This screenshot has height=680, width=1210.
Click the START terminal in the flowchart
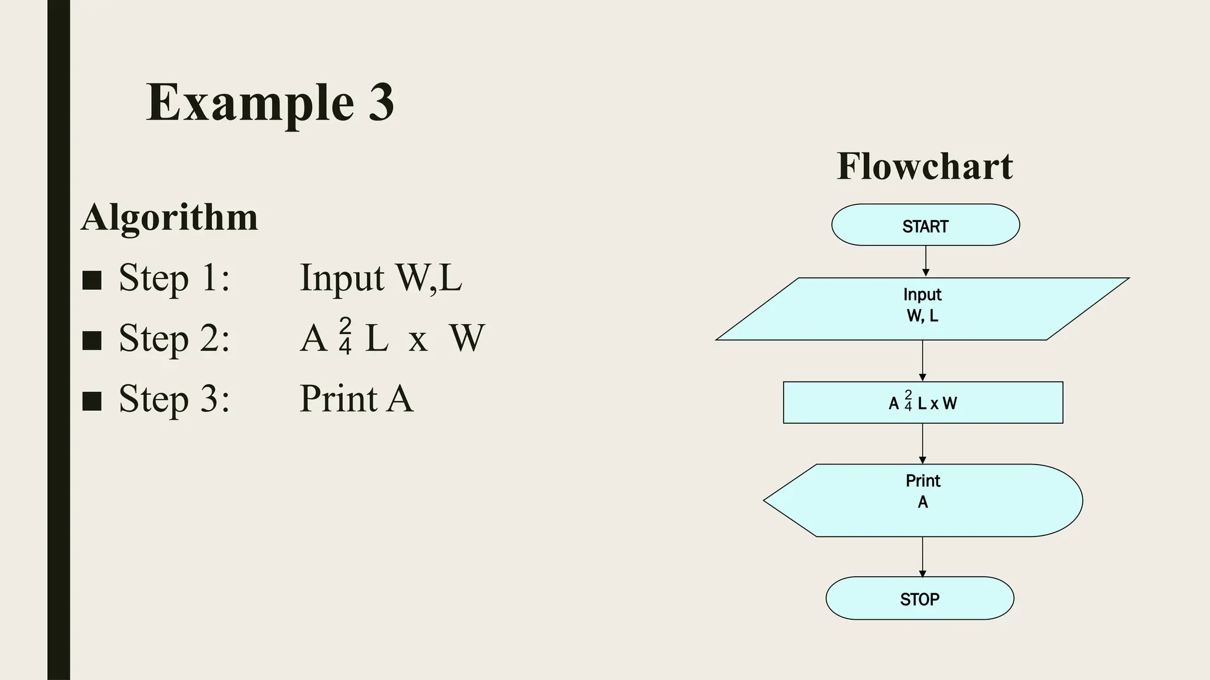(925, 225)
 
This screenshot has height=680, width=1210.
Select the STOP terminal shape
(919, 598)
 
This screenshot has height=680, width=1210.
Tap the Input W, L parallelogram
(922, 309)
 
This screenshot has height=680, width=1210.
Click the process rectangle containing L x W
(923, 403)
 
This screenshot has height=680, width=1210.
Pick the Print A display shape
(923, 500)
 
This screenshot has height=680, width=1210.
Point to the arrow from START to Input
(926, 261)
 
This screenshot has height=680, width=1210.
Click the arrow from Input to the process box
(923, 361)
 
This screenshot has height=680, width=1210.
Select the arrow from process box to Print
(923, 443)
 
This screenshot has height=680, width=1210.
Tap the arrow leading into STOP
(922, 557)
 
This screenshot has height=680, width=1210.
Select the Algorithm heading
(170, 217)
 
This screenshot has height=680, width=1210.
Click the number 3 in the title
(381, 102)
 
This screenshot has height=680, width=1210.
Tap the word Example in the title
(250, 103)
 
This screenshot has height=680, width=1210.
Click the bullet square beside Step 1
(92, 280)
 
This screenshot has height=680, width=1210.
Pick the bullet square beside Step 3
(92, 400)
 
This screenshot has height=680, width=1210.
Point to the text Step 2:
(174, 338)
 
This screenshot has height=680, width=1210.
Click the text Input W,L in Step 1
(380, 277)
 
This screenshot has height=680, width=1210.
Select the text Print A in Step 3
(356, 398)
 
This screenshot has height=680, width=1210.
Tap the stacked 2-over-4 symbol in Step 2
(346, 336)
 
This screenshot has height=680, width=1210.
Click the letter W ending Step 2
(467, 338)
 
